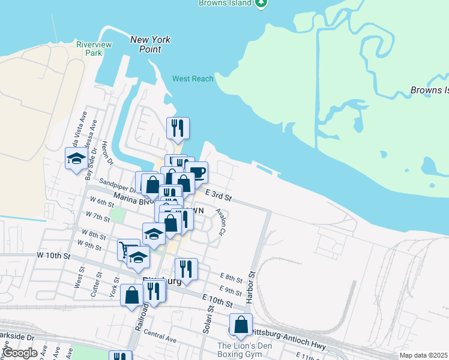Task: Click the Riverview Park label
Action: (x=89, y=49)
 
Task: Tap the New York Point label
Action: (x=151, y=44)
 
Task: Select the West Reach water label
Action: (x=193, y=79)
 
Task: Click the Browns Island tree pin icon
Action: (x=261, y=3)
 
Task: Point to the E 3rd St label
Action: (x=218, y=195)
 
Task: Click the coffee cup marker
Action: (x=197, y=173)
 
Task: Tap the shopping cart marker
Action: (x=128, y=250)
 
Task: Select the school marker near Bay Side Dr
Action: (x=76, y=158)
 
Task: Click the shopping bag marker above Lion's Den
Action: (x=241, y=325)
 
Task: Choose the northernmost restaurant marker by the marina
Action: (x=178, y=128)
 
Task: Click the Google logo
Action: (x=20, y=353)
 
